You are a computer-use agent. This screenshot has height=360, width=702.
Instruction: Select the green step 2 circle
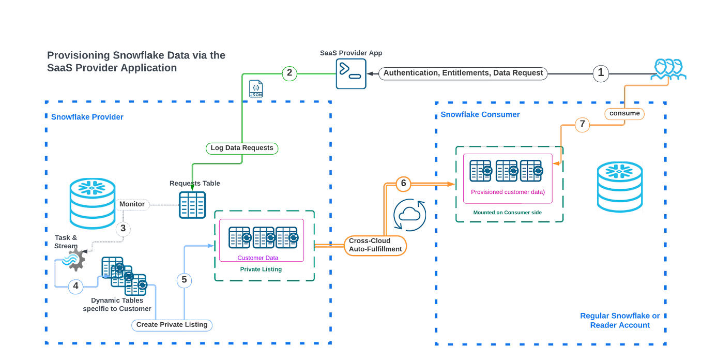pos(291,73)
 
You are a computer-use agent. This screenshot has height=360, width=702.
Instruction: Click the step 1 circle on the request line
pos(600,73)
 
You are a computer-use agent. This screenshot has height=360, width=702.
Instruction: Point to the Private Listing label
pos(261,269)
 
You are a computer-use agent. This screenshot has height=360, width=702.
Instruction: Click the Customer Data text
pos(257,258)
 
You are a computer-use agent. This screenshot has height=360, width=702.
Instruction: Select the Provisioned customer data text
pos(508,192)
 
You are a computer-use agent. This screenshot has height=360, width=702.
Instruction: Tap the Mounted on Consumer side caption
pos(507,213)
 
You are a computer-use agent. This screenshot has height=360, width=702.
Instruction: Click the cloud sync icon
pos(409,215)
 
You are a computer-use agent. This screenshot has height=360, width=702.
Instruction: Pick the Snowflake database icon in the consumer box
pos(620,187)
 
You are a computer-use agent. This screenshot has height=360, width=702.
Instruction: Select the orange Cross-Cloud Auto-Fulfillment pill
pos(375,245)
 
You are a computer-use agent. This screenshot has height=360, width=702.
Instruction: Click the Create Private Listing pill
pos(172,325)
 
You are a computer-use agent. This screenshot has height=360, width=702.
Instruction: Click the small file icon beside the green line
pos(256,88)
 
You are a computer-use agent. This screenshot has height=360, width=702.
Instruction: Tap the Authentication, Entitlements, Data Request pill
pos(463,73)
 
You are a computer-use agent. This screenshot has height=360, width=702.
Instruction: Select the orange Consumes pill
pos(624,113)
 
